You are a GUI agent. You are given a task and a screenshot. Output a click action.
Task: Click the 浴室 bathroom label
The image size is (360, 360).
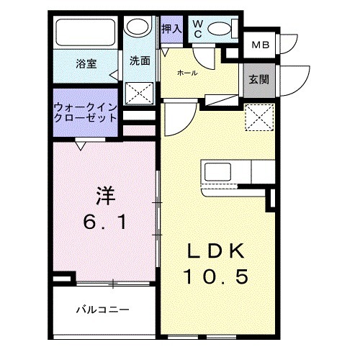(87, 63)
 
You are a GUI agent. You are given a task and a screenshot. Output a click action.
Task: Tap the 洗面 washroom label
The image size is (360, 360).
(140, 61)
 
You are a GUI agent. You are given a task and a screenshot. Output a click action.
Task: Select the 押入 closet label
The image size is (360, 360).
(171, 29)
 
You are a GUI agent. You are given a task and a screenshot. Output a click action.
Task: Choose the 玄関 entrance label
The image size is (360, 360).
(259, 78)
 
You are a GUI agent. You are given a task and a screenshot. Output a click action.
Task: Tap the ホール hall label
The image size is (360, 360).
(189, 73)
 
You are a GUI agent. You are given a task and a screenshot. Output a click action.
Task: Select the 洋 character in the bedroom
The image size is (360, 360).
(106, 196)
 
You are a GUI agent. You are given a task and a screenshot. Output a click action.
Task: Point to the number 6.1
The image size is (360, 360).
(106, 222)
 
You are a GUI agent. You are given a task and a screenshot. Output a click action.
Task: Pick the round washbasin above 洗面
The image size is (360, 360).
(137, 28)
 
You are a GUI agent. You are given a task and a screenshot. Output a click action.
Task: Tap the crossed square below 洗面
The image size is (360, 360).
(138, 93)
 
